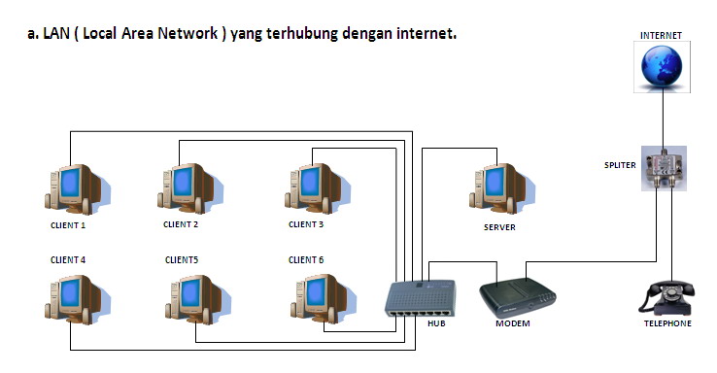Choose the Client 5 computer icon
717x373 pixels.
[x=195, y=299]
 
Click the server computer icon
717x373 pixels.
[x=498, y=186]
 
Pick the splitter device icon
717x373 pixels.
[x=665, y=167]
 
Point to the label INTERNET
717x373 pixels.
[x=661, y=35]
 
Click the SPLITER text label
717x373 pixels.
[x=619, y=165]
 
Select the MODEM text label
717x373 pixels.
[x=513, y=323]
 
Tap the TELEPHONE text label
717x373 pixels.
[x=667, y=323]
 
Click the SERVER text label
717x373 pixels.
[x=498, y=227]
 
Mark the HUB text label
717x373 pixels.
[x=435, y=323]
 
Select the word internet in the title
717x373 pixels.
[x=425, y=35]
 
